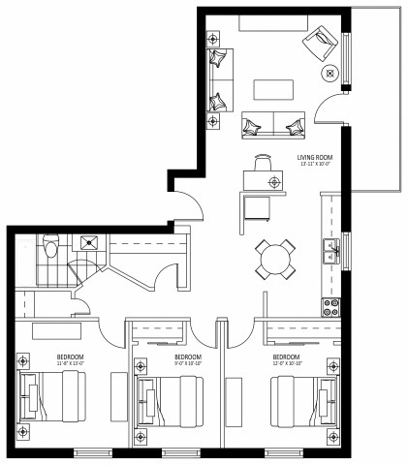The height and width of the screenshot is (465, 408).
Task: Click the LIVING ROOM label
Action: coord(317,160)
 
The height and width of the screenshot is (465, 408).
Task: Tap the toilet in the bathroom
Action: coord(51,248)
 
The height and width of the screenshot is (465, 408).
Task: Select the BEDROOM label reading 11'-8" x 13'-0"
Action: coord(69,360)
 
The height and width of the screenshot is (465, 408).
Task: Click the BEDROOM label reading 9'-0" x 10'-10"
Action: coord(187,360)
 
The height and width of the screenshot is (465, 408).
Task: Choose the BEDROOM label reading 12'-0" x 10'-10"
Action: coord(286,360)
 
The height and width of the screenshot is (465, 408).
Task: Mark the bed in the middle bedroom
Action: coord(174,398)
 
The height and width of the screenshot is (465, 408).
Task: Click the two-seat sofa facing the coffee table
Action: coord(274,124)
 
